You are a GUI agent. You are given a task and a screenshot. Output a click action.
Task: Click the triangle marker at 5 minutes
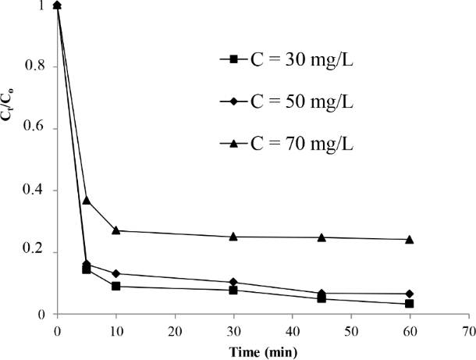[87, 200]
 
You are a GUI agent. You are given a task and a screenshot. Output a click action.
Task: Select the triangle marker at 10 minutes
[116, 230]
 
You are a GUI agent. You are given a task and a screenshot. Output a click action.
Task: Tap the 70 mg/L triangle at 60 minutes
[409, 239]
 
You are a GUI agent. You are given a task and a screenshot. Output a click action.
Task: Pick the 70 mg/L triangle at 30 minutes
[233, 236]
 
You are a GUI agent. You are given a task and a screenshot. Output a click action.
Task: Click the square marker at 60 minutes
[409, 304]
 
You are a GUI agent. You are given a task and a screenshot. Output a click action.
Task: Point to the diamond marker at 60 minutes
[409, 294]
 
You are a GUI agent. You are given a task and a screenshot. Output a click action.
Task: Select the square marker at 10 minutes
[116, 287]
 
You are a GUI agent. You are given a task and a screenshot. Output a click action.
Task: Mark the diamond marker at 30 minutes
[233, 282]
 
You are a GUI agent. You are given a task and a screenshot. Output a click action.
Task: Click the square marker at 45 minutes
[321, 298]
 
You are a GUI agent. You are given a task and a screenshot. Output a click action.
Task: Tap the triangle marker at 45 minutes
[321, 237]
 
